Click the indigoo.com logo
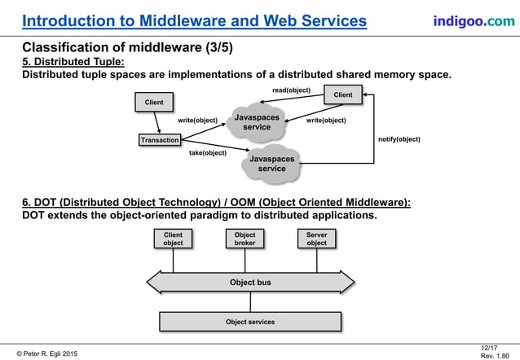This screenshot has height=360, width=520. (x=474, y=20)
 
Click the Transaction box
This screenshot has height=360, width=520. (x=159, y=140)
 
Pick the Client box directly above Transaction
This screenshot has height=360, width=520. (x=154, y=103)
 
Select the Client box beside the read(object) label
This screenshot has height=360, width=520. (x=343, y=95)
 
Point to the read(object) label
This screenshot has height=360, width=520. (x=291, y=90)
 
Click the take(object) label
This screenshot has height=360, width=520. (x=208, y=153)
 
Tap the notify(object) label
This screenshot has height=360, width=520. (x=399, y=139)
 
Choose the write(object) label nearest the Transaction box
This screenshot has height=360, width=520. (x=198, y=121)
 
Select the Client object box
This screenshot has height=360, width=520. (x=173, y=239)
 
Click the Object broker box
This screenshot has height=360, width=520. (x=245, y=239)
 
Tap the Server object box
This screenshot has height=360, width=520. (x=316, y=239)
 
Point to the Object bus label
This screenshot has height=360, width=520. (x=250, y=283)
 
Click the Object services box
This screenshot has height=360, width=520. (x=250, y=322)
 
